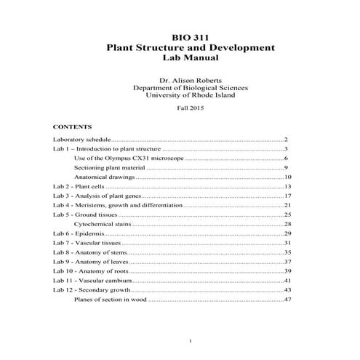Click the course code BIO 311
pos(191,36)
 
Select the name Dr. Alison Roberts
pos(190,79)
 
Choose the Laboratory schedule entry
pos(81,139)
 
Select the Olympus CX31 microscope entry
pos(129,158)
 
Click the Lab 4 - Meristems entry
pos(116,205)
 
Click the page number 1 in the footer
pos(190,340)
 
